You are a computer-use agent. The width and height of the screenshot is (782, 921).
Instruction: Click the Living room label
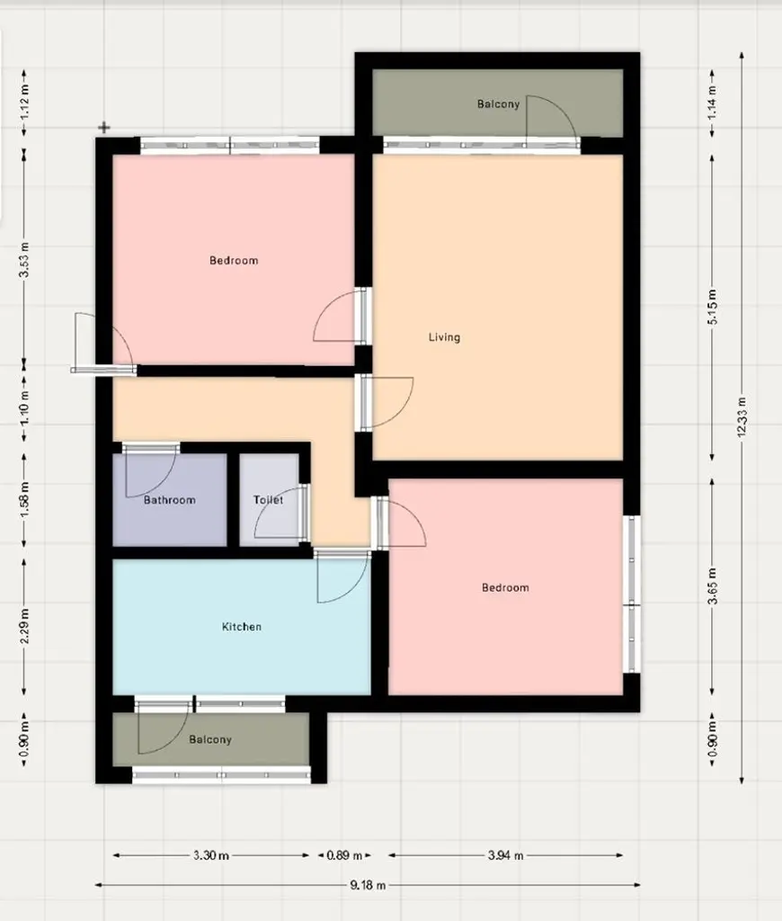(x=444, y=337)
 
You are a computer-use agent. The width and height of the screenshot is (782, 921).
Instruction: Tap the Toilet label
(x=268, y=500)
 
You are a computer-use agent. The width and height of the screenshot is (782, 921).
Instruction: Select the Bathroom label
(x=170, y=500)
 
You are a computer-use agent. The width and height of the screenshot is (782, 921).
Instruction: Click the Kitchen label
(x=242, y=627)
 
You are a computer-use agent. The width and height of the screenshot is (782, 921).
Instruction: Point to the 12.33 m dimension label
(x=742, y=416)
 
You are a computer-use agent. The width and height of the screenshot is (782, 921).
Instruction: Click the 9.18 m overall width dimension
(x=369, y=885)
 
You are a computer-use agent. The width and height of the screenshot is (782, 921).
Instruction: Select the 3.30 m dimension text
(x=210, y=855)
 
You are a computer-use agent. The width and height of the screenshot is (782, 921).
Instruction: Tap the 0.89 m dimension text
(x=344, y=855)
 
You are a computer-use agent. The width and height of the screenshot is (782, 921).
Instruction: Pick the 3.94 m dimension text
(x=505, y=855)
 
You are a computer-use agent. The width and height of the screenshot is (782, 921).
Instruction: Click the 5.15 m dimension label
(x=712, y=307)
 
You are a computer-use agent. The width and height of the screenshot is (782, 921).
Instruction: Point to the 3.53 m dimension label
(x=24, y=259)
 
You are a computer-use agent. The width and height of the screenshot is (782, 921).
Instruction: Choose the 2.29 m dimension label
(x=24, y=626)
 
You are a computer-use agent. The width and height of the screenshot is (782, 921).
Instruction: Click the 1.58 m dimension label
(x=24, y=499)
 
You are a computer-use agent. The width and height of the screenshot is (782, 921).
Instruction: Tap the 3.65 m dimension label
(x=712, y=586)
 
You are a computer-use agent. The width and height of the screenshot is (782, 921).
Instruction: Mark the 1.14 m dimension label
(x=712, y=103)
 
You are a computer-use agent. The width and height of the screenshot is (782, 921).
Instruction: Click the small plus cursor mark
(x=104, y=128)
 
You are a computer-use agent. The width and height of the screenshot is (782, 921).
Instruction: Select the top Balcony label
(x=499, y=104)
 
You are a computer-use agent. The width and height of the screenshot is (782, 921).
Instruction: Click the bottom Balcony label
(x=210, y=739)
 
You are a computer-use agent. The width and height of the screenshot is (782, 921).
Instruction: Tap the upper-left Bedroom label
(x=234, y=260)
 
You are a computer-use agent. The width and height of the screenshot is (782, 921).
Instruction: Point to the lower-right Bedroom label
(x=505, y=587)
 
